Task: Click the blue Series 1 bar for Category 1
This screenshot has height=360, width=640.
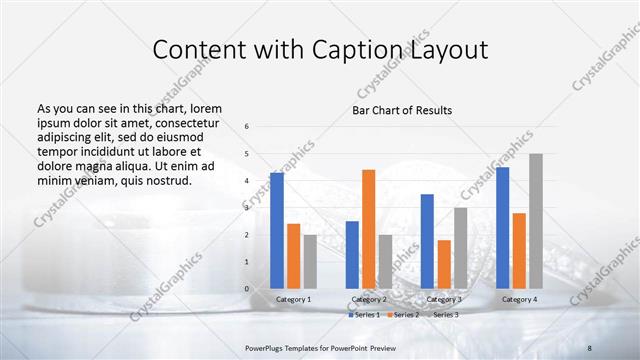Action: [x=277, y=230]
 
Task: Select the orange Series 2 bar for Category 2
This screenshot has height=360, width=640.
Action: [x=368, y=229]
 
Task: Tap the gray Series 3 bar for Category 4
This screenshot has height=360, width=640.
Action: [x=536, y=221]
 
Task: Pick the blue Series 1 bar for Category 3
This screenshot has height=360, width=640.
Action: [x=427, y=241]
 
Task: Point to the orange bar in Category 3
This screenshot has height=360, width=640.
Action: [x=444, y=264]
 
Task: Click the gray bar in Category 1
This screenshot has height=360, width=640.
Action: [x=310, y=261]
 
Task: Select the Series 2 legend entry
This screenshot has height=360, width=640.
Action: [x=403, y=315]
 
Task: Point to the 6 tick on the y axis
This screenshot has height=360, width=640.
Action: [x=247, y=127]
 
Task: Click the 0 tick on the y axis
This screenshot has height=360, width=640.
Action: [x=247, y=289]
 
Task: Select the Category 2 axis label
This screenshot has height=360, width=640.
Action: [x=369, y=299]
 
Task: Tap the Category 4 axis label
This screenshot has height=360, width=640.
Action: [x=519, y=299]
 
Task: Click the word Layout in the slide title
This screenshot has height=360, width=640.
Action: [x=451, y=49]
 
